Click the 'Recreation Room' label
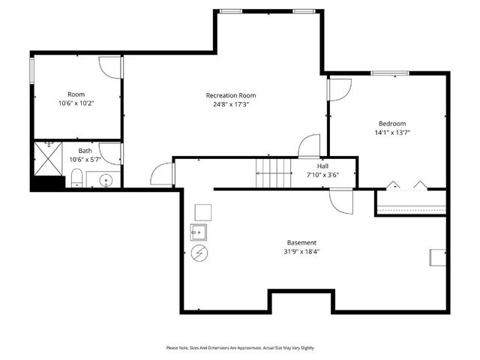(x=231, y=95)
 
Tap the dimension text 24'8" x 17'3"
(x=231, y=105)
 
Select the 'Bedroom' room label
(x=391, y=124)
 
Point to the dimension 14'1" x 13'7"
(x=391, y=133)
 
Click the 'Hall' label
(x=322, y=166)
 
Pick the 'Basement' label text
(x=301, y=242)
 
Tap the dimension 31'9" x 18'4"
(x=301, y=252)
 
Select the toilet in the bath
(x=76, y=178)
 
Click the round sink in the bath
(x=106, y=180)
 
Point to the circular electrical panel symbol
(x=199, y=253)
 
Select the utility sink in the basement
(x=199, y=230)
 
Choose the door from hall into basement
(x=341, y=201)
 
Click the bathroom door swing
(x=112, y=153)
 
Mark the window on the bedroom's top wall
(x=390, y=73)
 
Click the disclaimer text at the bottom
(x=240, y=348)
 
